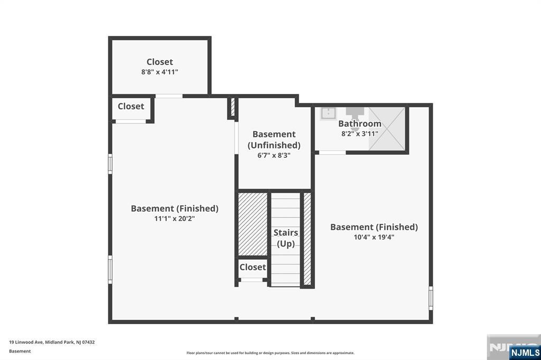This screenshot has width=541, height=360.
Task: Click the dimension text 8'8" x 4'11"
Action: [160, 72]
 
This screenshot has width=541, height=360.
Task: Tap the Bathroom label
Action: [360, 124]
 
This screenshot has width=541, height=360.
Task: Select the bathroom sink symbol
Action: [328, 113]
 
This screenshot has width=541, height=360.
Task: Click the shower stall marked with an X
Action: [387, 129]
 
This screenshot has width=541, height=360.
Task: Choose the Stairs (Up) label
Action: [286, 238]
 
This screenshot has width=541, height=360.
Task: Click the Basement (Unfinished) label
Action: [274, 140]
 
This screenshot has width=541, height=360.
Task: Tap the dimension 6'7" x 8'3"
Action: [274, 156]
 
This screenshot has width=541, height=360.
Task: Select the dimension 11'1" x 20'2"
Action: [174, 219]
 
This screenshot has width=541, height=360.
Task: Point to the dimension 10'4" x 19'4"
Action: [374, 237]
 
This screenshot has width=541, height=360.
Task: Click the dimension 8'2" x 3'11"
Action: [360, 134]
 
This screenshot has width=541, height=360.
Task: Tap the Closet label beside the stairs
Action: [253, 267]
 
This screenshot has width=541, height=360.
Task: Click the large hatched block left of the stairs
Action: [253, 224]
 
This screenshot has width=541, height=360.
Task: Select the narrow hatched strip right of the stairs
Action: [307, 239]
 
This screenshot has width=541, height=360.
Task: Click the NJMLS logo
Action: [525, 353]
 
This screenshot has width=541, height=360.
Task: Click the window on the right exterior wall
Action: [431, 298]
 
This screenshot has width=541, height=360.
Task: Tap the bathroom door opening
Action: [332, 153]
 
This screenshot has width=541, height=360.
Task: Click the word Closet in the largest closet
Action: [160, 62]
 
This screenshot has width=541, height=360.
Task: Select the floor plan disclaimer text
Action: [270, 353]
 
